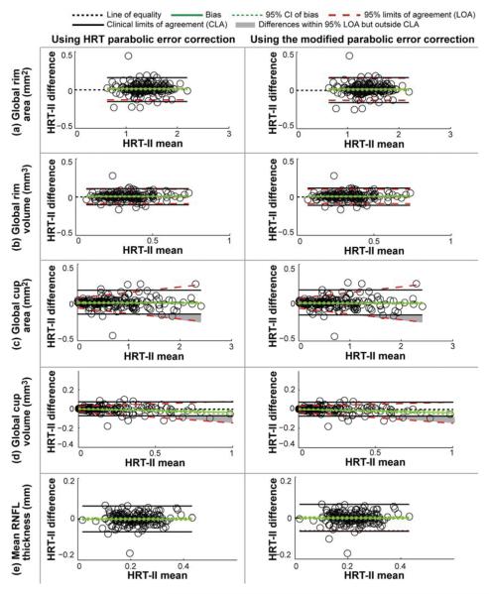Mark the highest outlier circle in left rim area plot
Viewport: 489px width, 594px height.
[x=128, y=56]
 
